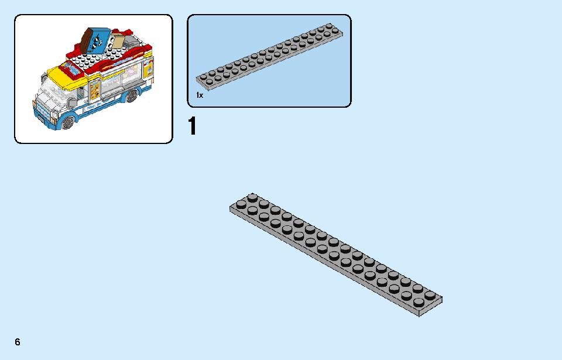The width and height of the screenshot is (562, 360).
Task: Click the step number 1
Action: [x=193, y=126]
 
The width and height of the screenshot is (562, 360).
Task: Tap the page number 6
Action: [x=18, y=342]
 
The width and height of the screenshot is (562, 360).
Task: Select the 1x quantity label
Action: [x=200, y=95]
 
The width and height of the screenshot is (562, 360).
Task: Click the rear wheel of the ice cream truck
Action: [x=132, y=95]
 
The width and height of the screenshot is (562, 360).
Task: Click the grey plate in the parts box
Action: [x=269, y=56]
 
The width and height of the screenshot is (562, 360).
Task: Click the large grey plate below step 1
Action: [x=336, y=255]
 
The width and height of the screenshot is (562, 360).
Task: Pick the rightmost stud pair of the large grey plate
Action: [x=424, y=299]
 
